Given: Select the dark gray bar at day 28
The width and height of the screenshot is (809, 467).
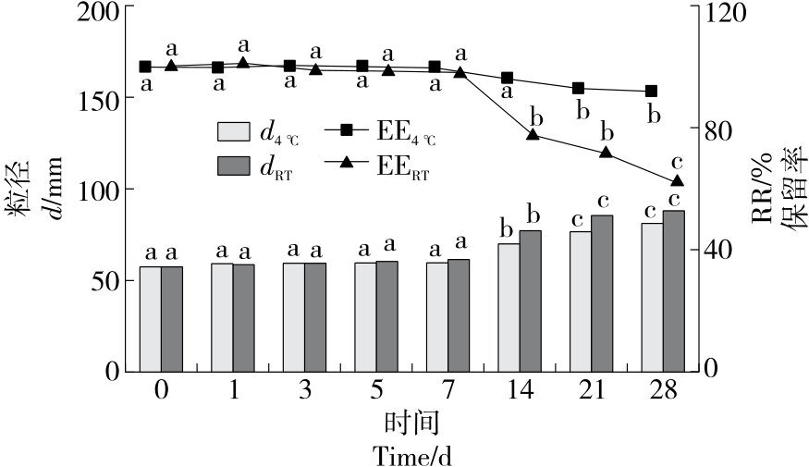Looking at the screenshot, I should pos(674,290).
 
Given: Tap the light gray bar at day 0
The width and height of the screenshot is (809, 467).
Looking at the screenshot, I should pos(150,318).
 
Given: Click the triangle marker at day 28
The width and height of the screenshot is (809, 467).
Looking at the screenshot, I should pos(677,181).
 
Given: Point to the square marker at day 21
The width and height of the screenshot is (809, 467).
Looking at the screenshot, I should pos(579,88).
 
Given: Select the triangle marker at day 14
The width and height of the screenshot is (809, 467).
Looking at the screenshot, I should pos(533,135).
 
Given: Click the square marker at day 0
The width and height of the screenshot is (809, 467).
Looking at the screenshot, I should pos(145,67).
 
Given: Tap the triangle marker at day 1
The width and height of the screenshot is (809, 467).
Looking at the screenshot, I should pos(243,63).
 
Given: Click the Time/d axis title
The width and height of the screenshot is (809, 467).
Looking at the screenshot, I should pos(411,455).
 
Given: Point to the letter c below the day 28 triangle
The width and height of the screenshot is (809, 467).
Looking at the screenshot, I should pos(677,159).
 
